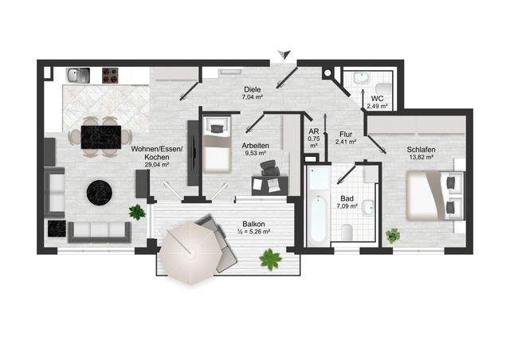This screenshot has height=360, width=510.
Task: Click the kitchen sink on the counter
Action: click(78, 75)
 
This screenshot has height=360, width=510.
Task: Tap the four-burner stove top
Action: click(110, 75)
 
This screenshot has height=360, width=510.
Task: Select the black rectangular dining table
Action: click(101, 137)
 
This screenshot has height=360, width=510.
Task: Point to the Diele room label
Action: click(253, 89)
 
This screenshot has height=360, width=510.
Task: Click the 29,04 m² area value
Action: click(157, 165)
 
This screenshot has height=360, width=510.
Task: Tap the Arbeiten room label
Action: click(255, 146)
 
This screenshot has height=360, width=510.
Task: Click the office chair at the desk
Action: click(269, 168)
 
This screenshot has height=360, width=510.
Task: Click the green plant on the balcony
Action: click(271, 259)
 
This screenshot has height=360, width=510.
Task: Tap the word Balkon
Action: click(253, 224)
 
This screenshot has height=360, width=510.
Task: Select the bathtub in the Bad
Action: click(319, 204)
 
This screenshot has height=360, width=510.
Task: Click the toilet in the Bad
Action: click(347, 233)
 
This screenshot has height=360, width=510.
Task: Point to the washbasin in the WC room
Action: click(361, 78)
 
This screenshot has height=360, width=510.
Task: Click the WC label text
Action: click(377, 99)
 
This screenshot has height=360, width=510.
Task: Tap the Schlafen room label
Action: click(422, 150)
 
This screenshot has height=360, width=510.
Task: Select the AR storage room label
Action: click(314, 131)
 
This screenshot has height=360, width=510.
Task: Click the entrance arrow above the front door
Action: click(285, 54)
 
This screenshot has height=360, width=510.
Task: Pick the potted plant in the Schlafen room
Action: click(393, 236)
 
